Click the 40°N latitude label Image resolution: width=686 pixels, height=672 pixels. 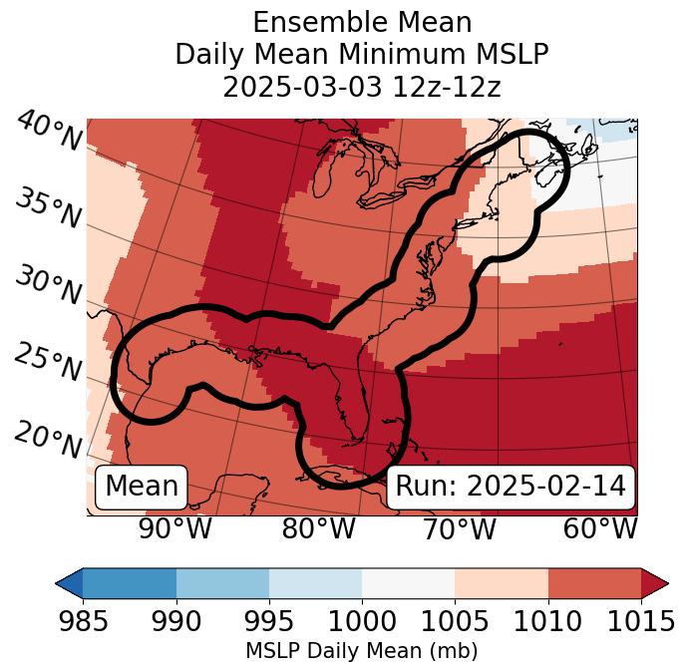coord(49,132)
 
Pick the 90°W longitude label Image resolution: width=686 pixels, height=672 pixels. coord(175,529)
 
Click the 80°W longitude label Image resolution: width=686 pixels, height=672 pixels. coord(319,529)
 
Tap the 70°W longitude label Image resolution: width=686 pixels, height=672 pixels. coord(460,529)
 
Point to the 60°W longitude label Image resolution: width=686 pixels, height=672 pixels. coord(599,529)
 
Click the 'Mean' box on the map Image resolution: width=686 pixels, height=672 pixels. coord(142,487)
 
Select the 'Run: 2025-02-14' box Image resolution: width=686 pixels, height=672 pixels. coord(511,487)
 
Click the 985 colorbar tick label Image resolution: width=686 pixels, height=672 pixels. coord(83,621)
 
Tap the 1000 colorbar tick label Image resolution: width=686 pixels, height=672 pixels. coord(362,621)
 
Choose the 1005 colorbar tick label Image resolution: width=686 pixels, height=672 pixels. coord(455,621)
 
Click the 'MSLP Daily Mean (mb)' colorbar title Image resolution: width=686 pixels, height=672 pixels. coord(361,651)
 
